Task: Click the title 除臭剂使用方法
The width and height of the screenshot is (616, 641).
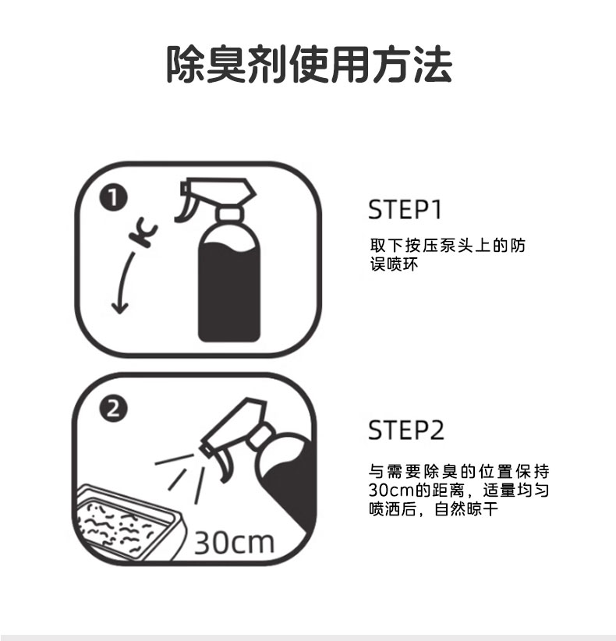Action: tap(309, 65)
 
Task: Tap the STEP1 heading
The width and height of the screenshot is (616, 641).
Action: tap(405, 210)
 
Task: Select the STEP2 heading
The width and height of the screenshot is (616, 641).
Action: tap(406, 430)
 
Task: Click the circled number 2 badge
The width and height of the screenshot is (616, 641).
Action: tap(113, 409)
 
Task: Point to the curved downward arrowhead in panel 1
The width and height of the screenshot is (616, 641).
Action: tap(120, 308)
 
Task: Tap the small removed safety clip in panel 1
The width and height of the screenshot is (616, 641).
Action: tap(143, 234)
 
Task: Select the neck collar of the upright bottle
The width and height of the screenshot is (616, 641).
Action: tap(230, 214)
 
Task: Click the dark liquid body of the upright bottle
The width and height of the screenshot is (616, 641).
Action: tap(229, 292)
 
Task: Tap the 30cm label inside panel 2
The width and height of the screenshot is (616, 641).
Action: tap(234, 543)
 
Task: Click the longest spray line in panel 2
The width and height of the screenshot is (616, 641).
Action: tap(199, 486)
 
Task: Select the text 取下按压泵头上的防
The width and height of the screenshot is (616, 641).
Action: tap(448, 246)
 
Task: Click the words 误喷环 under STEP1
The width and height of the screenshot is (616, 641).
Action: tap(394, 264)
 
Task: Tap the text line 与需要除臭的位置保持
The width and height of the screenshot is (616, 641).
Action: tap(458, 471)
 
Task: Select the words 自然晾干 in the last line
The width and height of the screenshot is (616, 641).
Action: tap(466, 509)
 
